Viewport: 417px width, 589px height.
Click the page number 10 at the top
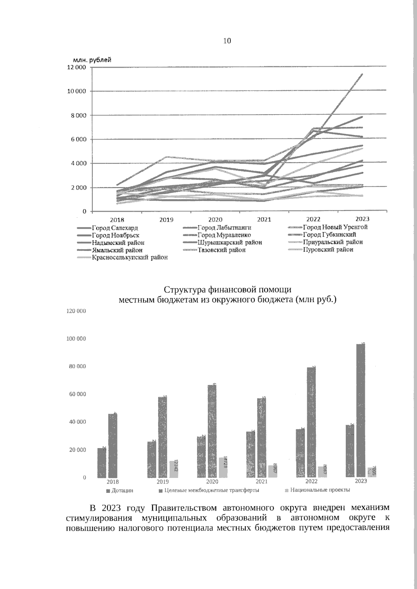pyautogui.click(x=227, y=41)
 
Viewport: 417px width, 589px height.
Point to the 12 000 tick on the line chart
pyautogui.click(x=76, y=67)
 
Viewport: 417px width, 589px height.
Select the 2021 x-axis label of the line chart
pyautogui.click(x=264, y=219)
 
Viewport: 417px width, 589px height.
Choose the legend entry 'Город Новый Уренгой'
pyautogui.click(x=335, y=227)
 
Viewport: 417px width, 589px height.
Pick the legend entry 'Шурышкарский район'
pyautogui.click(x=229, y=242)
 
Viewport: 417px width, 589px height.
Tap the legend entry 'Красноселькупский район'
pyautogui.click(x=130, y=258)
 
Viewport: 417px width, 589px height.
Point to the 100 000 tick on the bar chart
pyautogui.click(x=76, y=339)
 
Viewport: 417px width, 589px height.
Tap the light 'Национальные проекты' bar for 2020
pyautogui.click(x=223, y=467)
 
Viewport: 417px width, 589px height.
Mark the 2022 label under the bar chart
pyautogui.click(x=311, y=481)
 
